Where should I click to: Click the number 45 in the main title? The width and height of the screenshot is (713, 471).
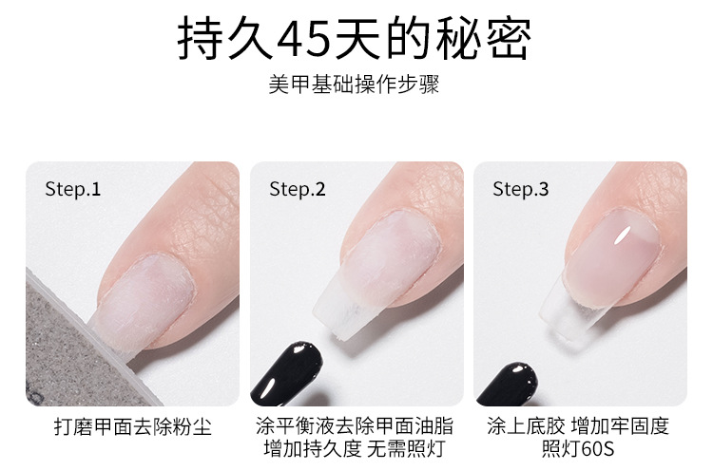click(x=304, y=39)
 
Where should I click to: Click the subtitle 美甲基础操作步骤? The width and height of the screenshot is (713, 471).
click(x=355, y=85)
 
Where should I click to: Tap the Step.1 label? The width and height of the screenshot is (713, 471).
click(x=73, y=189)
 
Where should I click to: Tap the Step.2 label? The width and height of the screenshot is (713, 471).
click(x=298, y=189)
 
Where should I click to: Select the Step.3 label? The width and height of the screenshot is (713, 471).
click(x=521, y=189)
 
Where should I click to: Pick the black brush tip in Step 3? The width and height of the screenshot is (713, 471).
click(x=507, y=384)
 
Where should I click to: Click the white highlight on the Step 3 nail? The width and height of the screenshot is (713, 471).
click(x=623, y=235)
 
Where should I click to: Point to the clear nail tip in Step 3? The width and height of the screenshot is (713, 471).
click(x=570, y=313)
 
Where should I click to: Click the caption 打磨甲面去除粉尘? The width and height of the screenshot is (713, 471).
click(x=133, y=427)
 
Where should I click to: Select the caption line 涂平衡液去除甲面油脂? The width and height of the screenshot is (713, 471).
click(x=355, y=426)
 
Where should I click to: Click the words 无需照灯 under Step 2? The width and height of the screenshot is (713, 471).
click(x=406, y=449)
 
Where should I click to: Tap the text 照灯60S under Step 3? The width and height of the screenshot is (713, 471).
click(x=578, y=449)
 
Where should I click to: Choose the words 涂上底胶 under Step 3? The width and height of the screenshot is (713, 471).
click(x=526, y=426)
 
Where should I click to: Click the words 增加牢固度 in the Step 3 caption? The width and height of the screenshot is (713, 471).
click(x=620, y=426)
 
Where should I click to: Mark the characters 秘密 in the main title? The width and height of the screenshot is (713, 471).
click(x=483, y=39)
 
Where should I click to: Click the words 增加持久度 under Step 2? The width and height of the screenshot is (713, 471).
click(x=313, y=449)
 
